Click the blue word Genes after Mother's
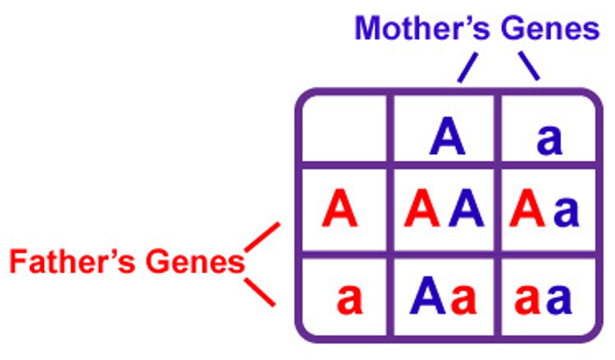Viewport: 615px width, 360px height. pos(550,29)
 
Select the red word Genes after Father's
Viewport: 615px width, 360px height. pos(195,261)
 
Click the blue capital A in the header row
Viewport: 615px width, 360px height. pos(447,138)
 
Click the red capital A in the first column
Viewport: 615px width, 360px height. pos(340,209)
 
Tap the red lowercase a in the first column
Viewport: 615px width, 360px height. pos(349,299)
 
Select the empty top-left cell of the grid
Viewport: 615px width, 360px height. pos(344,128)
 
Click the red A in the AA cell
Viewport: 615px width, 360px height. pos(422,209)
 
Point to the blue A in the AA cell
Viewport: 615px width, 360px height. pos(466,209)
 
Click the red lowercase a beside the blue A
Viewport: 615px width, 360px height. pos(464,299)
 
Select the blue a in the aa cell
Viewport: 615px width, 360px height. pos(559,299)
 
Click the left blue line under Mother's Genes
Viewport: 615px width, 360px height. pos(467,67)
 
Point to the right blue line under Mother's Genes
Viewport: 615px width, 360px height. pos(529,66)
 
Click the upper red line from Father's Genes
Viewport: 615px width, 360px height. pos(262,237)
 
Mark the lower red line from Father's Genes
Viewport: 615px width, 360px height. pos(260,292)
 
